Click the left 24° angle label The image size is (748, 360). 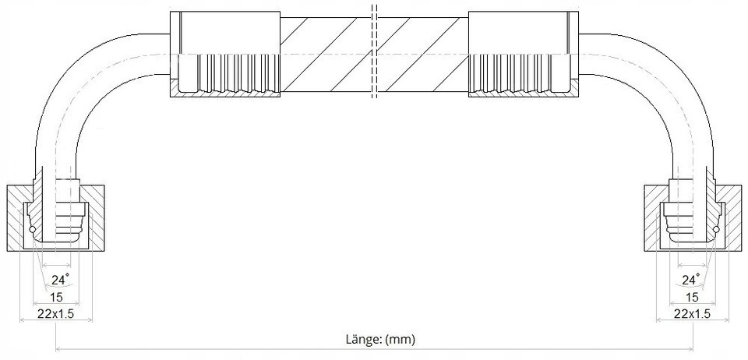60,280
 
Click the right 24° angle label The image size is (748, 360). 690,280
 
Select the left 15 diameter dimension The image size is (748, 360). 56,297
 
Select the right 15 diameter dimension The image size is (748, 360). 692,297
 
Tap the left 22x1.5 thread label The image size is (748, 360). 56,314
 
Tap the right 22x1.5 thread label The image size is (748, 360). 692,314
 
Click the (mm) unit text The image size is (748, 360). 400,340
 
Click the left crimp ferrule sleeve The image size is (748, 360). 225,54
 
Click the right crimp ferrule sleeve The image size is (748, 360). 524,54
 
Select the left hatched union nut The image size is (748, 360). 56,217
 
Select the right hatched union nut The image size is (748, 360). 693,217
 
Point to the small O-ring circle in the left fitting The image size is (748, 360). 33,231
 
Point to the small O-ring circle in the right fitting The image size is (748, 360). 715,231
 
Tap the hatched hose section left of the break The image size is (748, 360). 325,55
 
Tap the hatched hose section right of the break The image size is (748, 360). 422,55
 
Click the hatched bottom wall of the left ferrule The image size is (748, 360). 225,94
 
